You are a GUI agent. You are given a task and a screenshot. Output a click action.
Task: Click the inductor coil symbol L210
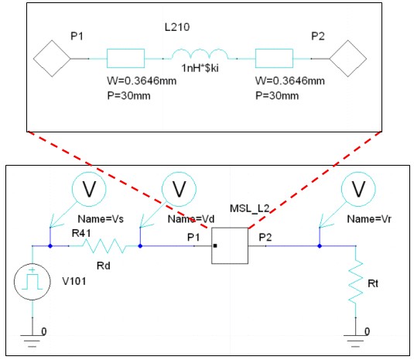coord(200,54)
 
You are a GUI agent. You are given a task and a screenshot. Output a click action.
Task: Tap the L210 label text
coord(177,27)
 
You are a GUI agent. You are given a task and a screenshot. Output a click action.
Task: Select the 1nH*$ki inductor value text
coord(200,68)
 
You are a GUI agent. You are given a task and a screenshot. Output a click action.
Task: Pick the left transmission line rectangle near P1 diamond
coord(125,58)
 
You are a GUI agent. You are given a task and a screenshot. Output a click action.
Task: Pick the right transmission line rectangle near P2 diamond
coord(274,58)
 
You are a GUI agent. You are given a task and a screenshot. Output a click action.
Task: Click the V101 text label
coord(74,281)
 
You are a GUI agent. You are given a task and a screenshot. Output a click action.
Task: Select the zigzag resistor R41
coord(105,246)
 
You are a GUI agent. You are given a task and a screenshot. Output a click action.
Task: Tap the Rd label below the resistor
coord(104,266)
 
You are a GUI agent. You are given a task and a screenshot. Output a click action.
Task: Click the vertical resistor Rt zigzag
coord(356,282)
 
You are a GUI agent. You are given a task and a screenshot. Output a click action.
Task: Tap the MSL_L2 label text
coord(249,209)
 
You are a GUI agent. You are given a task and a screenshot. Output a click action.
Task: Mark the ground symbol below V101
coord(33,341)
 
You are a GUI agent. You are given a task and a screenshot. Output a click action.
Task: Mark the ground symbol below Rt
coord(355,341)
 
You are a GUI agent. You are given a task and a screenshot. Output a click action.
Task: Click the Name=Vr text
coord(369,219)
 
